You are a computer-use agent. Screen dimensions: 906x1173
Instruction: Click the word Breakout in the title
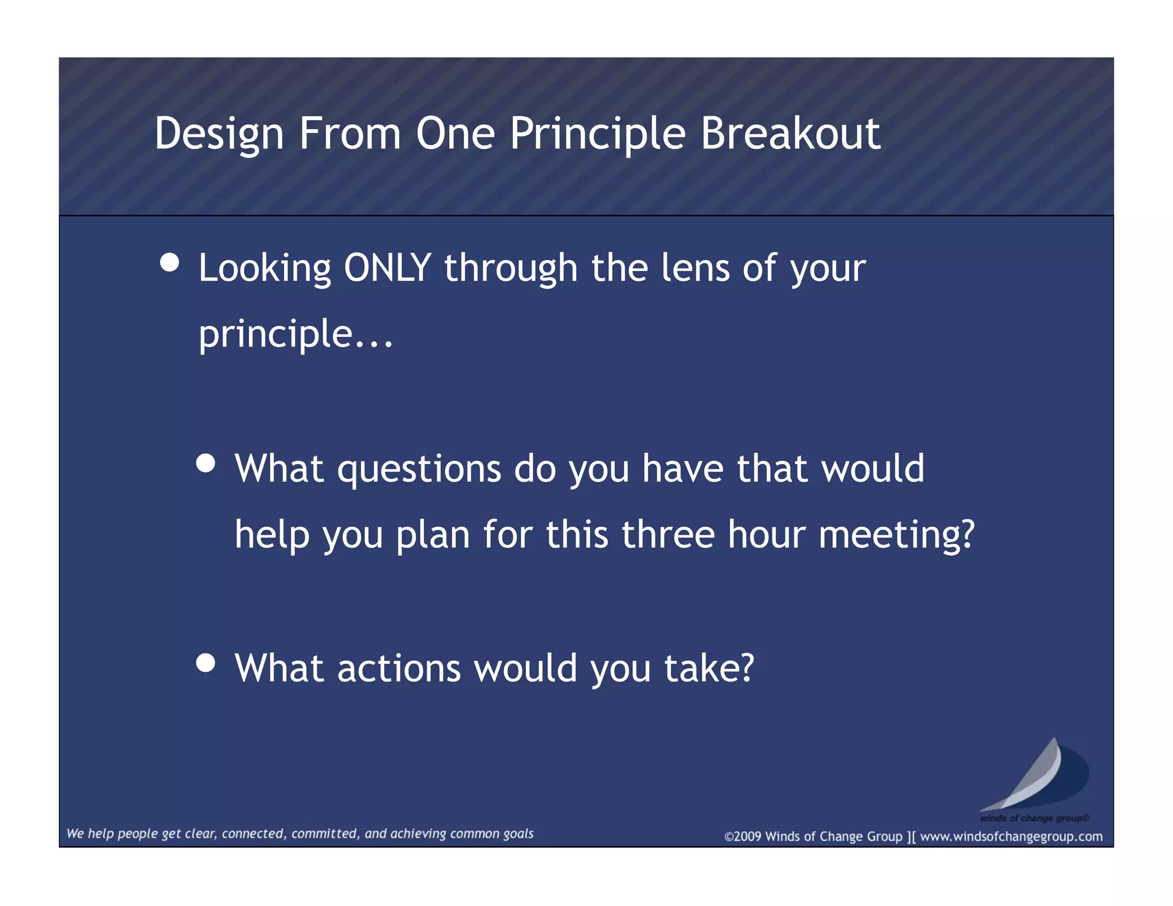[x=790, y=133]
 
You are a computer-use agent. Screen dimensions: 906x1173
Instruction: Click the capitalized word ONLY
[x=387, y=268]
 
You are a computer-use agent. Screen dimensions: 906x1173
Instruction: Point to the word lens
[x=695, y=268]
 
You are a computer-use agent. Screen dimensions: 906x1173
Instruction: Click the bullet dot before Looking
[x=170, y=263]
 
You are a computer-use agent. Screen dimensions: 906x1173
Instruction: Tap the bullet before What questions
[x=206, y=463]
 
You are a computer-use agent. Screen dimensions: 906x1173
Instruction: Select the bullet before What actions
[x=206, y=663]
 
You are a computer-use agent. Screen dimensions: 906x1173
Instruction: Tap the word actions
[x=399, y=668]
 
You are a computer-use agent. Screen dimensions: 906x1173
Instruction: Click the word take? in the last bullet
[x=709, y=668]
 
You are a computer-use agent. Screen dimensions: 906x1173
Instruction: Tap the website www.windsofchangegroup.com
[x=1011, y=837]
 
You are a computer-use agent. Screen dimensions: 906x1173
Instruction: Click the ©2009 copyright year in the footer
[x=743, y=837]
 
